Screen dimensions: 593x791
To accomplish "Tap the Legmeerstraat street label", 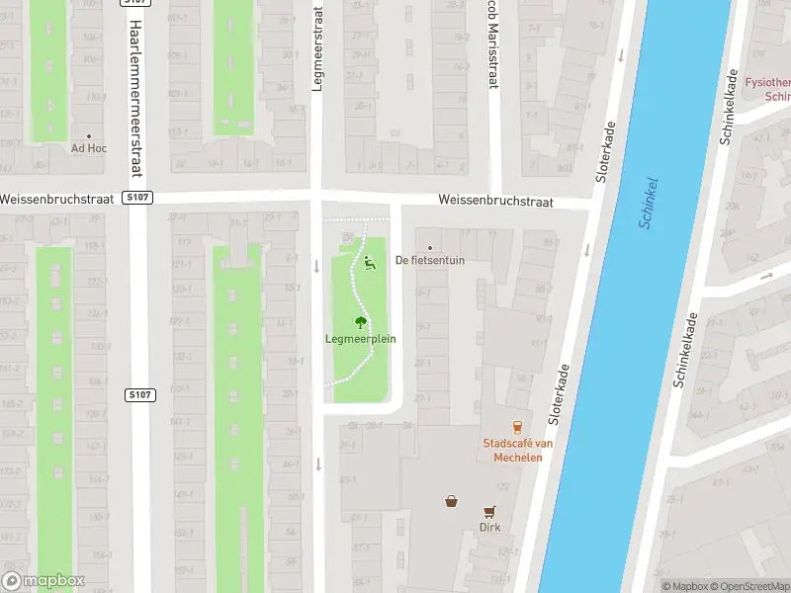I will tap(317, 49).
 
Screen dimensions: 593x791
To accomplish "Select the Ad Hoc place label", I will tap(89, 148).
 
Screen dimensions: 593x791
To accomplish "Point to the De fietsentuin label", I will tap(429, 260).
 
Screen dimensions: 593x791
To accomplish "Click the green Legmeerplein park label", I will tap(361, 339).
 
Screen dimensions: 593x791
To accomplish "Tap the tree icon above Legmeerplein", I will tap(361, 321).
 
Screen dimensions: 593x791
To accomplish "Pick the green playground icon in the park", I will tap(370, 263).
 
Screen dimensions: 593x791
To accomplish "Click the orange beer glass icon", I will tap(516, 426).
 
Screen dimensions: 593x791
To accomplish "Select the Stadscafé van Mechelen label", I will tap(517, 450).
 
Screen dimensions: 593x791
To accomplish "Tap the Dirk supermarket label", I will tap(489, 527).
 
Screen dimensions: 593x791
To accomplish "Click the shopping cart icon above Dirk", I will tap(489, 511).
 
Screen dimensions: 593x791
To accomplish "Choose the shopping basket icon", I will tap(452, 501).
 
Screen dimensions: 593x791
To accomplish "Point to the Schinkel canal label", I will tap(650, 203).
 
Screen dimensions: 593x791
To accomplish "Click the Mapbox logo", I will tap(44, 581).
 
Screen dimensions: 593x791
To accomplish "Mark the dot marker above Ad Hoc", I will tap(89, 135).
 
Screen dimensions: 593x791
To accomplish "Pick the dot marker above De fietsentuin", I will tap(429, 247).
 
